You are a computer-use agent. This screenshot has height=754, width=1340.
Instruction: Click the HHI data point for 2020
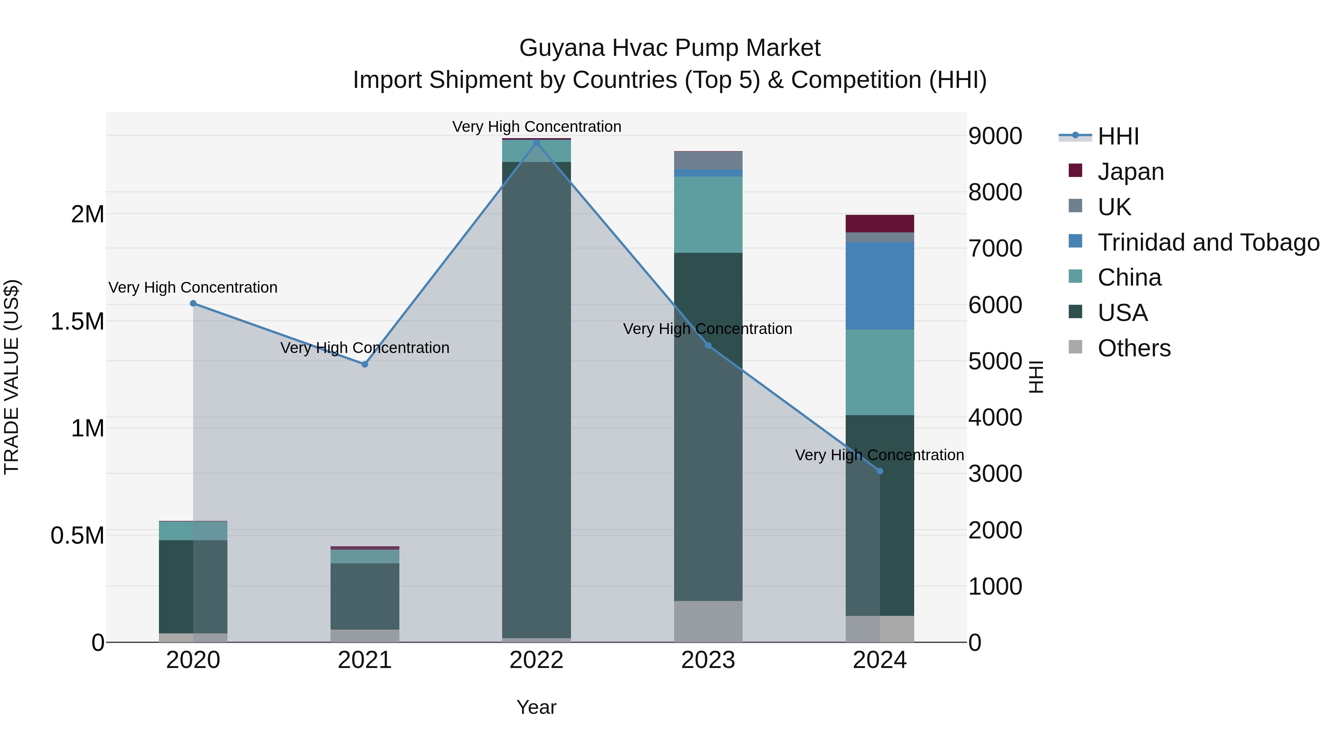tap(193, 303)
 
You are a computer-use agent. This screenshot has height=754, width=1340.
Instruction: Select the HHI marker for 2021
tap(365, 364)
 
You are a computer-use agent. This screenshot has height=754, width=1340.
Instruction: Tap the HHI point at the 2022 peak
tap(536, 143)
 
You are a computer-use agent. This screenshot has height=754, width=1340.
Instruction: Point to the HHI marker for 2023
tap(708, 346)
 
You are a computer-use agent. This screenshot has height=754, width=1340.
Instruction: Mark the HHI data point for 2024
tap(880, 471)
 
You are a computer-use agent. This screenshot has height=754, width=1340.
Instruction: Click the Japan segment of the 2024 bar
tap(880, 224)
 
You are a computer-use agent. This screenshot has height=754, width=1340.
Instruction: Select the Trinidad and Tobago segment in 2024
tap(880, 286)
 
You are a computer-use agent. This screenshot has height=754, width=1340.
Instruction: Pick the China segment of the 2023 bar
tap(708, 214)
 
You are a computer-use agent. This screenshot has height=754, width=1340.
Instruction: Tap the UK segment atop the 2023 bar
tap(708, 160)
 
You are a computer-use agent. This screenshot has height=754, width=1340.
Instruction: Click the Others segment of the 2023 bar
tap(708, 621)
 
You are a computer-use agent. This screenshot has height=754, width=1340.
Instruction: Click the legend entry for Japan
tap(1130, 172)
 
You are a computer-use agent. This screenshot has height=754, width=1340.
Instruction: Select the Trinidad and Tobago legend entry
tap(1208, 242)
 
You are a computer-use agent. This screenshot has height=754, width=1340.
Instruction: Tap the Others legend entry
tap(1134, 348)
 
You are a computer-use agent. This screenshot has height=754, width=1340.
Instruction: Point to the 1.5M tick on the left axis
tap(77, 321)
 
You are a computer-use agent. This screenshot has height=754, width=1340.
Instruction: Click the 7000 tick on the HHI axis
tap(995, 248)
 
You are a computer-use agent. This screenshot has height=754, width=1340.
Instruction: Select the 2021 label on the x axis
tap(365, 660)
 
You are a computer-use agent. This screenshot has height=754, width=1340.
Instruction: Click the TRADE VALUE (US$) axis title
tap(12, 377)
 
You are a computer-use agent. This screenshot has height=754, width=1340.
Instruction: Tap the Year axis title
tap(536, 707)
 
